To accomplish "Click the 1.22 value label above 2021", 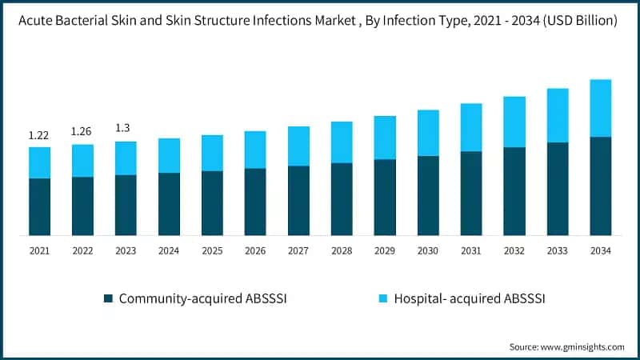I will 39,135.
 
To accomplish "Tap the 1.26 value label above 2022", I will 82,132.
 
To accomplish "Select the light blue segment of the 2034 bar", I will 600,108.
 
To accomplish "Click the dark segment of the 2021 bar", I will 39,206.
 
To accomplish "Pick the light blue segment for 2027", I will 298,146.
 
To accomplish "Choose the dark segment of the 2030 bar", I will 428,195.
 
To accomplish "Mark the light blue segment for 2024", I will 169,155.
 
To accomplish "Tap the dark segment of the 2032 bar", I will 514,191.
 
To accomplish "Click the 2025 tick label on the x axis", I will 212,251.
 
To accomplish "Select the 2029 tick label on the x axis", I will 385,251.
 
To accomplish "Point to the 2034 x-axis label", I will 600,251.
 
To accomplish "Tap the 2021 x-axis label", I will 39,251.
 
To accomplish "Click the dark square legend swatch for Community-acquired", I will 108,298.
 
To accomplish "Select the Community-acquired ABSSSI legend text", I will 202,298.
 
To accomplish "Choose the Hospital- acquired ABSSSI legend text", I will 468,298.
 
